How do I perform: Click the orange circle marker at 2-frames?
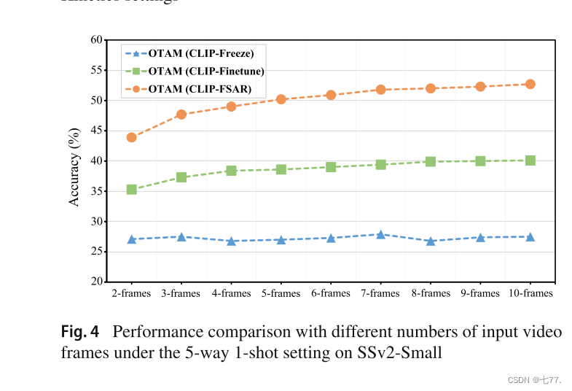(132, 137)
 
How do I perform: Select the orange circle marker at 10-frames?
(530, 84)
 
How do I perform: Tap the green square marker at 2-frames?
(132, 190)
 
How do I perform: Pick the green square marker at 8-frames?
(431, 161)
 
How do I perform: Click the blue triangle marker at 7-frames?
(380, 234)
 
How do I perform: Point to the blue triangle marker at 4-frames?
(231, 241)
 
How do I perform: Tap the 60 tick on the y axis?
(95, 39)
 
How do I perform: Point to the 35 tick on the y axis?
(95, 191)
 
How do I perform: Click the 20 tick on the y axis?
(95, 282)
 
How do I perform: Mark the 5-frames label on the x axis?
(281, 293)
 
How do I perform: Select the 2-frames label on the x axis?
(132, 293)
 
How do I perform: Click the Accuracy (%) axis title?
(74, 161)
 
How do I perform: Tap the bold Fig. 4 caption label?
(80, 333)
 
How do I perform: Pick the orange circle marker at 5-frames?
(281, 99)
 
